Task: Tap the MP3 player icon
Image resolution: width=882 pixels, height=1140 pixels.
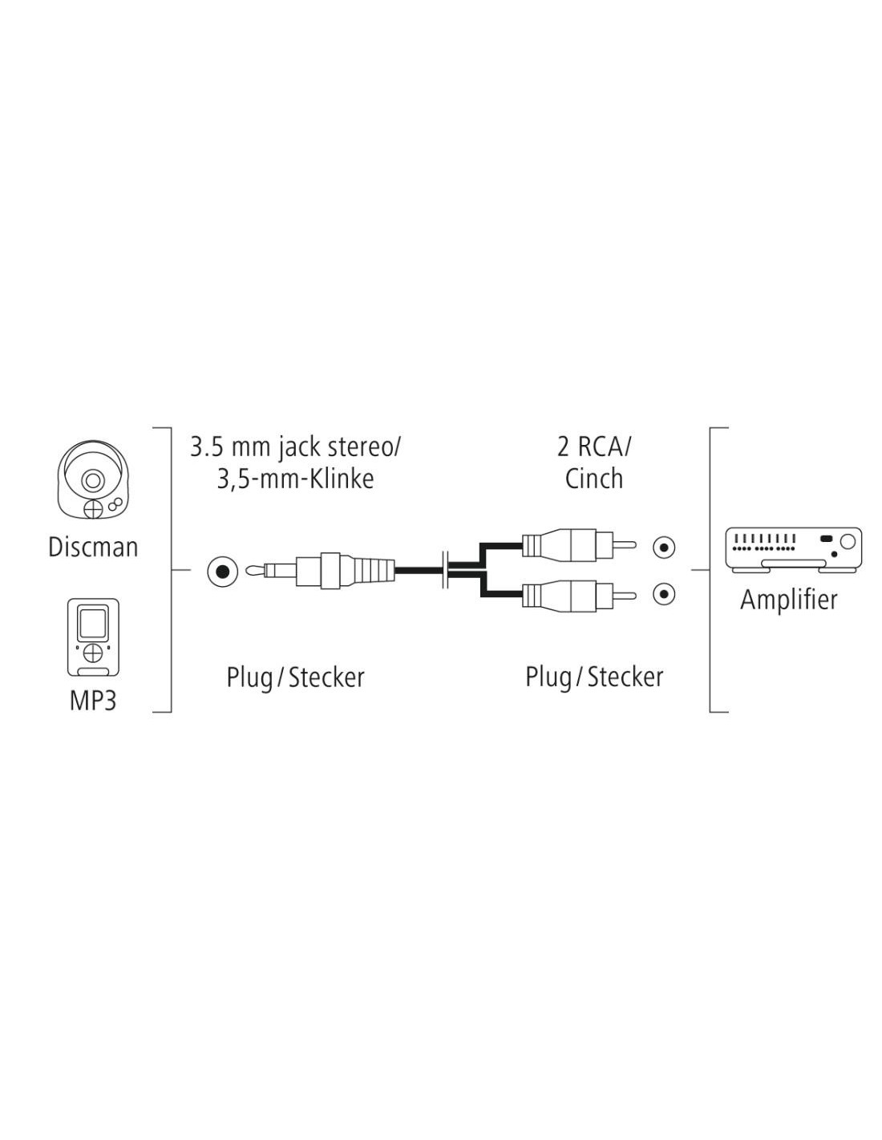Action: (x=93, y=637)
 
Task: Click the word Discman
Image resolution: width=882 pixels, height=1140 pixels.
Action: (x=93, y=548)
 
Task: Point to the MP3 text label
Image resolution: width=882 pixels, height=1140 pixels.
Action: (x=93, y=700)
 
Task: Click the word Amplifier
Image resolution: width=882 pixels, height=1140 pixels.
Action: (x=789, y=600)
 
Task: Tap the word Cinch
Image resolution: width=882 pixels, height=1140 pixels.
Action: (x=594, y=479)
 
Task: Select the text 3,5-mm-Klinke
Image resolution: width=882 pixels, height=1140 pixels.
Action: (x=295, y=479)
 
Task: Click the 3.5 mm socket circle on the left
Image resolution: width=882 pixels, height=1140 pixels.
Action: (x=222, y=572)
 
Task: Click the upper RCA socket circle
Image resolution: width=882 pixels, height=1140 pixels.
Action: (x=664, y=548)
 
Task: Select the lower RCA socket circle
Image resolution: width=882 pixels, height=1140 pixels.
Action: (x=664, y=594)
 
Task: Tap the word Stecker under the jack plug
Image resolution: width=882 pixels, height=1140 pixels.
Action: (x=326, y=677)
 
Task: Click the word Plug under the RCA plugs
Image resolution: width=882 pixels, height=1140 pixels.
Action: (x=548, y=677)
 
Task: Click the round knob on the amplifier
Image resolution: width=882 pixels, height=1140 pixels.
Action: (x=848, y=540)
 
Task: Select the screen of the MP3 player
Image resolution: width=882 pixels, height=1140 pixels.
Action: (x=93, y=622)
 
